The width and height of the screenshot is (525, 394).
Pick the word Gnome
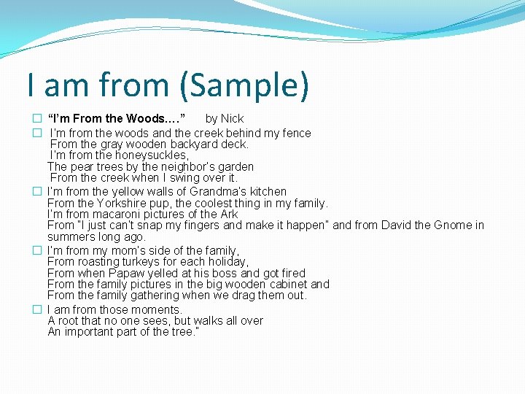pos(444,225)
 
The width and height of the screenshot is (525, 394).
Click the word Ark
pos(229,214)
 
